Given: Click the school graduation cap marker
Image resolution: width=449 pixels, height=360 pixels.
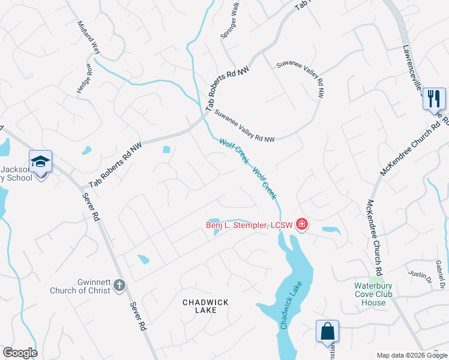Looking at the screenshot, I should coord(40,162).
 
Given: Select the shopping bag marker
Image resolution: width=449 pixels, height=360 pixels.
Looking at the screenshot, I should coord(328,331).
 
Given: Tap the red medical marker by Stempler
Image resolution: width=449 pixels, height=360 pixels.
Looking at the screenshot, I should coord(301,225).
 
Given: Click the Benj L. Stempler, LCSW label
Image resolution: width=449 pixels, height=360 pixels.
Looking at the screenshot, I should coord(249,226).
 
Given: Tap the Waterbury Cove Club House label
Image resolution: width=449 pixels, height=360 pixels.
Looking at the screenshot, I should coord(373,294).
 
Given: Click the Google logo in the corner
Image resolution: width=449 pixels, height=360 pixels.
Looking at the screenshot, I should coord(20,353).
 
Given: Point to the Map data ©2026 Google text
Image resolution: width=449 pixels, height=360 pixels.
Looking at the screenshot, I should coord(411,355).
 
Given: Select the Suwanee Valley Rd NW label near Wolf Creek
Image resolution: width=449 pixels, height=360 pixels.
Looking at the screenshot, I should coord(244,125).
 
